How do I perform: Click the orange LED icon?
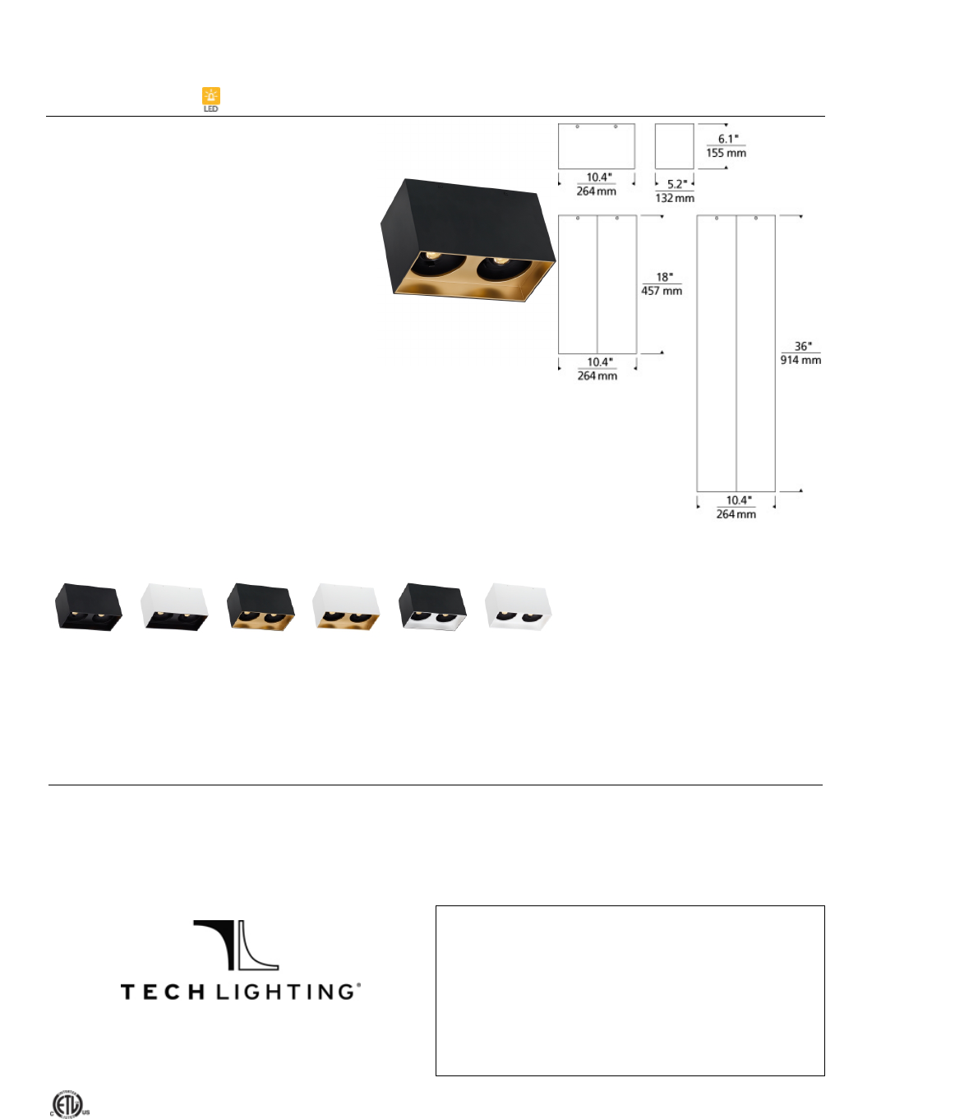pos(211,97)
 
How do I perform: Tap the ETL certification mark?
pos(69,1103)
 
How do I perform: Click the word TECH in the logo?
pos(163,992)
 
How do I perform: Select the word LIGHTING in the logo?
pos(288,992)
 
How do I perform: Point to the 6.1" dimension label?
pos(727,139)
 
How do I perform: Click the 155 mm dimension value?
pos(727,153)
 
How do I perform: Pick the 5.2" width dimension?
pos(676,184)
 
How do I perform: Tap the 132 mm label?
pos(675,198)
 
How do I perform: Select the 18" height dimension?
pos(662,277)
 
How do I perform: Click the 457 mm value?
pos(662,291)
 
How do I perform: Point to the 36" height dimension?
pos(801,346)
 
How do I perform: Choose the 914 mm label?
pos(800,360)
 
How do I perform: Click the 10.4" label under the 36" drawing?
pos(736,500)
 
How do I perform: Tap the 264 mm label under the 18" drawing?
pos(597,376)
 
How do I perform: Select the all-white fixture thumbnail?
pos(518,607)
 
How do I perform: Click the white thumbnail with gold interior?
pos(346,607)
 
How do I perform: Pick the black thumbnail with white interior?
pos(432,607)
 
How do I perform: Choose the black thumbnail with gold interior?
pos(261,607)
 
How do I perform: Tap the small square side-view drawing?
pos(674,146)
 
